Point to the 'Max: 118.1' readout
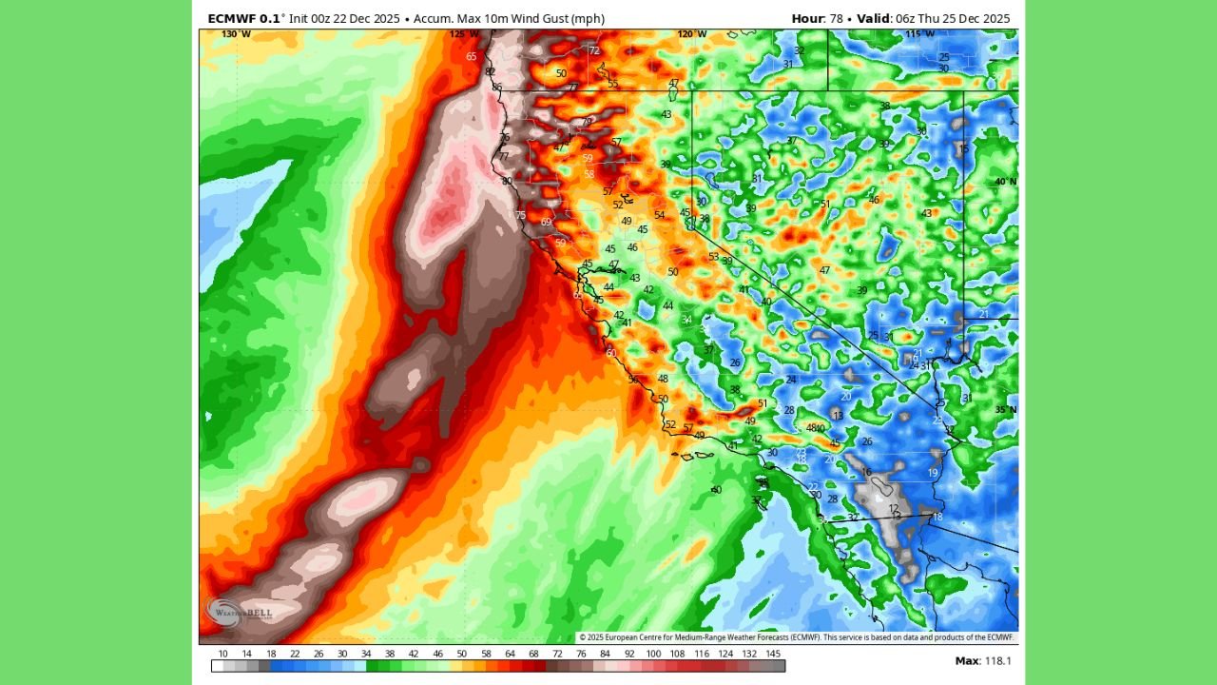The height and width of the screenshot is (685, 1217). [x=983, y=660]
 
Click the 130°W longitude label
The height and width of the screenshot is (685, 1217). [x=236, y=34]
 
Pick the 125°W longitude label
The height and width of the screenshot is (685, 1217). [x=464, y=34]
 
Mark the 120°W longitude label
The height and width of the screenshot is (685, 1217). [x=692, y=34]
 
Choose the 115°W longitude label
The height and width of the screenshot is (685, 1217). [x=920, y=34]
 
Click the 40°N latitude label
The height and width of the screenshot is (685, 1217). [x=1005, y=181]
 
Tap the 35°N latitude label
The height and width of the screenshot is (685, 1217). [x=1005, y=410]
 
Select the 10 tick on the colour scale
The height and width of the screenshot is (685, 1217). [x=222, y=654]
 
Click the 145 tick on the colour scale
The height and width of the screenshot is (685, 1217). [x=774, y=654]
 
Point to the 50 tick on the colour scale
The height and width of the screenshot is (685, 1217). [x=462, y=654]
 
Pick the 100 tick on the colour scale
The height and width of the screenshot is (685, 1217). [x=653, y=654]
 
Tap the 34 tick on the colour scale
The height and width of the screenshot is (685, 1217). [x=366, y=654]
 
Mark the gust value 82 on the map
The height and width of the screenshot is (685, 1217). [x=491, y=71]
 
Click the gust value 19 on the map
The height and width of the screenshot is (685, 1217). [x=934, y=473]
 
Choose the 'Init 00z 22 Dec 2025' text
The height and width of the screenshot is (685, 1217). [x=344, y=19]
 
